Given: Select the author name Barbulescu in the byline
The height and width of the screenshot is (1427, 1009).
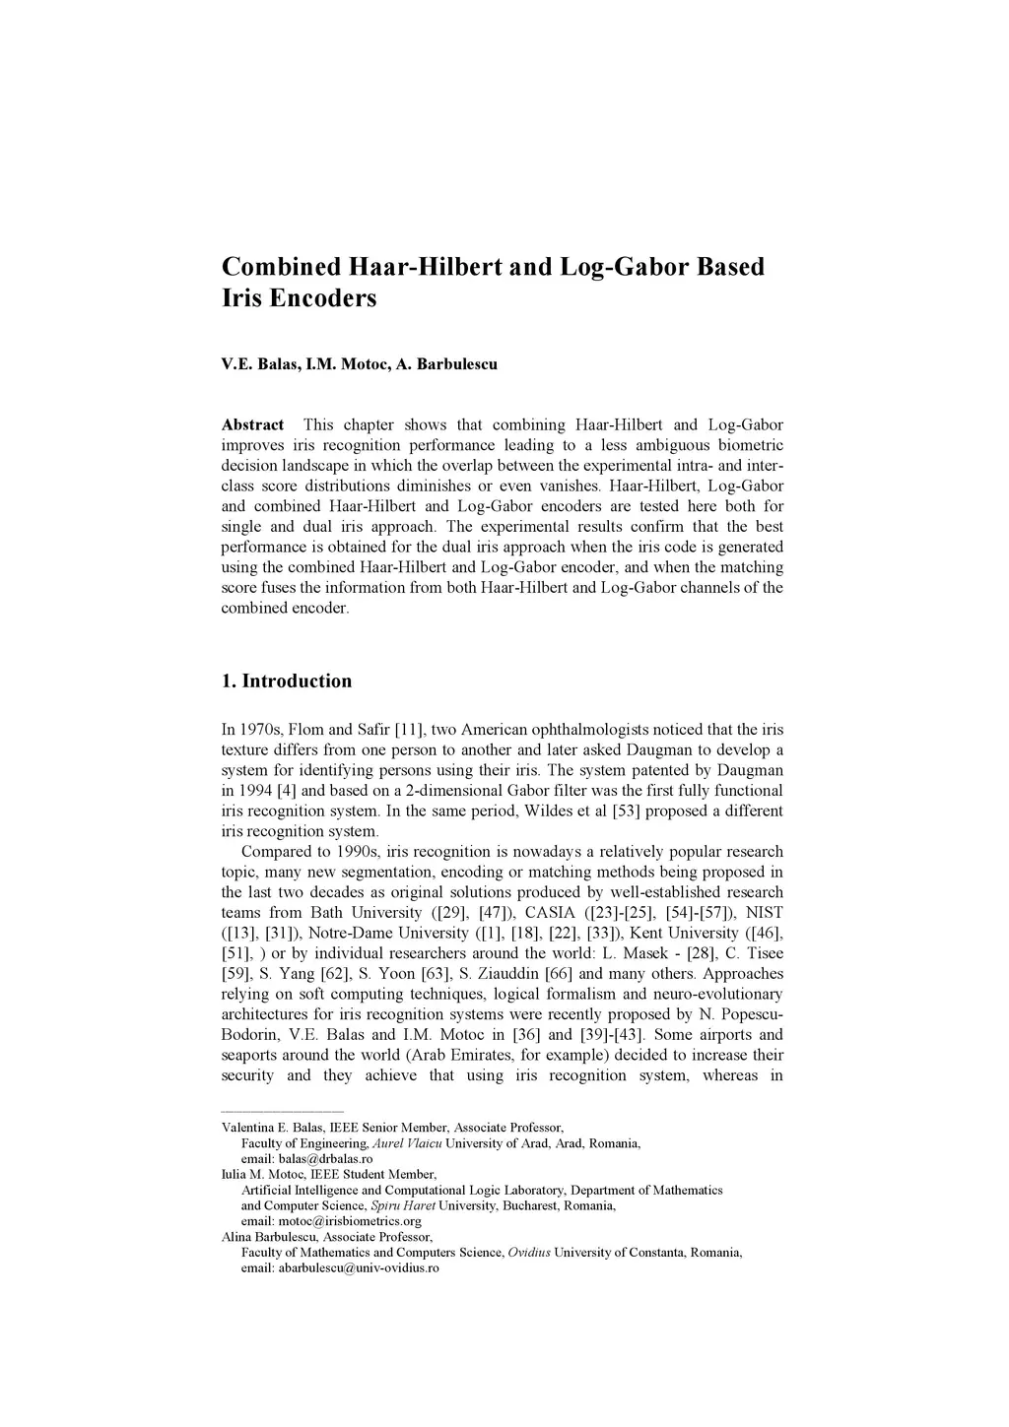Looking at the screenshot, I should [457, 364].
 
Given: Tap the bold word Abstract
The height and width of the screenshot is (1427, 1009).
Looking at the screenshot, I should [252, 425].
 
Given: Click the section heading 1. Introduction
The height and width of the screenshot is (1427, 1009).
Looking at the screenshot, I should [286, 681].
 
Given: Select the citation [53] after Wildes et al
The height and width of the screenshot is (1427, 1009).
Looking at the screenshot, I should [629, 811].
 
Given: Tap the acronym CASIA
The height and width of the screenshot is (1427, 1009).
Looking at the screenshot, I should [550, 913].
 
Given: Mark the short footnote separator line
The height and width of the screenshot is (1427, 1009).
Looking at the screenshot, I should [282, 1111].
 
